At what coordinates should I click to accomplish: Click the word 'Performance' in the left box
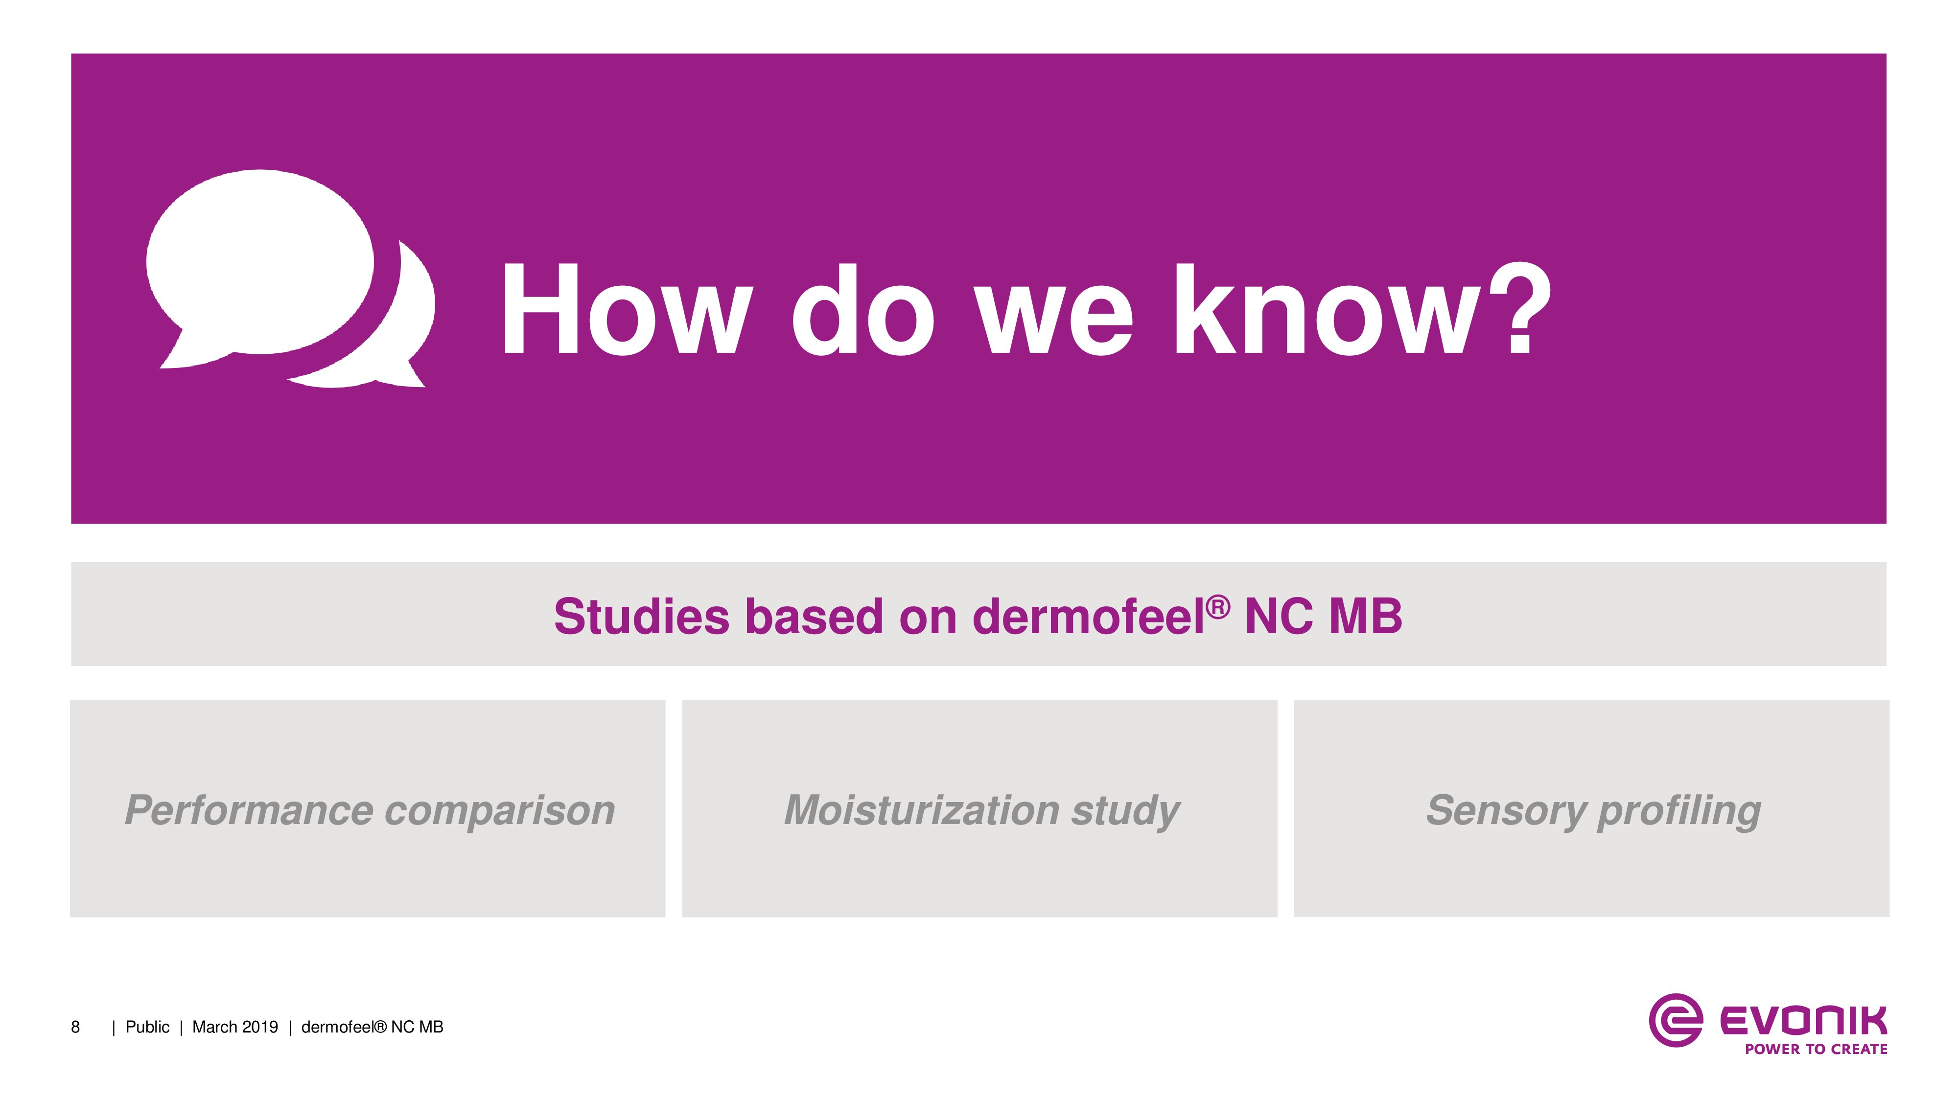249,810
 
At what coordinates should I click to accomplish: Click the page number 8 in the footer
75,1027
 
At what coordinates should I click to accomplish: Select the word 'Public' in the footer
147,1027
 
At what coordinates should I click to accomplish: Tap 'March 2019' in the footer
235,1027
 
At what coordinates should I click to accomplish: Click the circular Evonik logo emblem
1675,1020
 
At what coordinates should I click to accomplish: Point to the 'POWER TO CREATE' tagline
1816,1049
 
